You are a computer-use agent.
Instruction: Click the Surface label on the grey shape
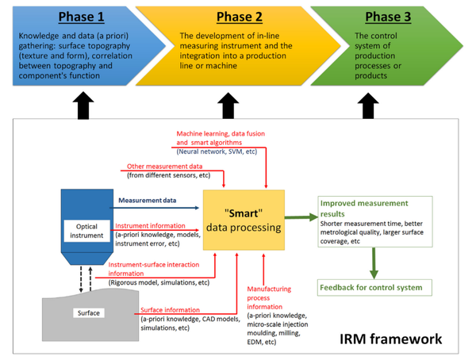(89, 312)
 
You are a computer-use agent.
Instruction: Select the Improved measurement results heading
(363, 208)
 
